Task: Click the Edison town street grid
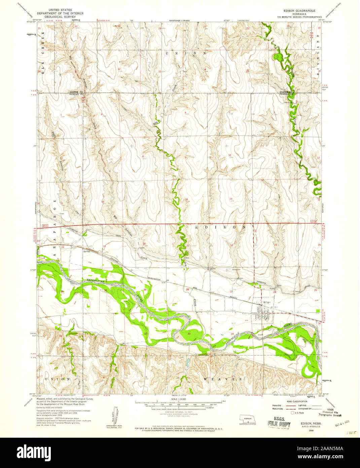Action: [263, 314]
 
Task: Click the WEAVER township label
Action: [223, 379]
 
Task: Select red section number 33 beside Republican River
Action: [189, 334]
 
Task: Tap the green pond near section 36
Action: [278, 56]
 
